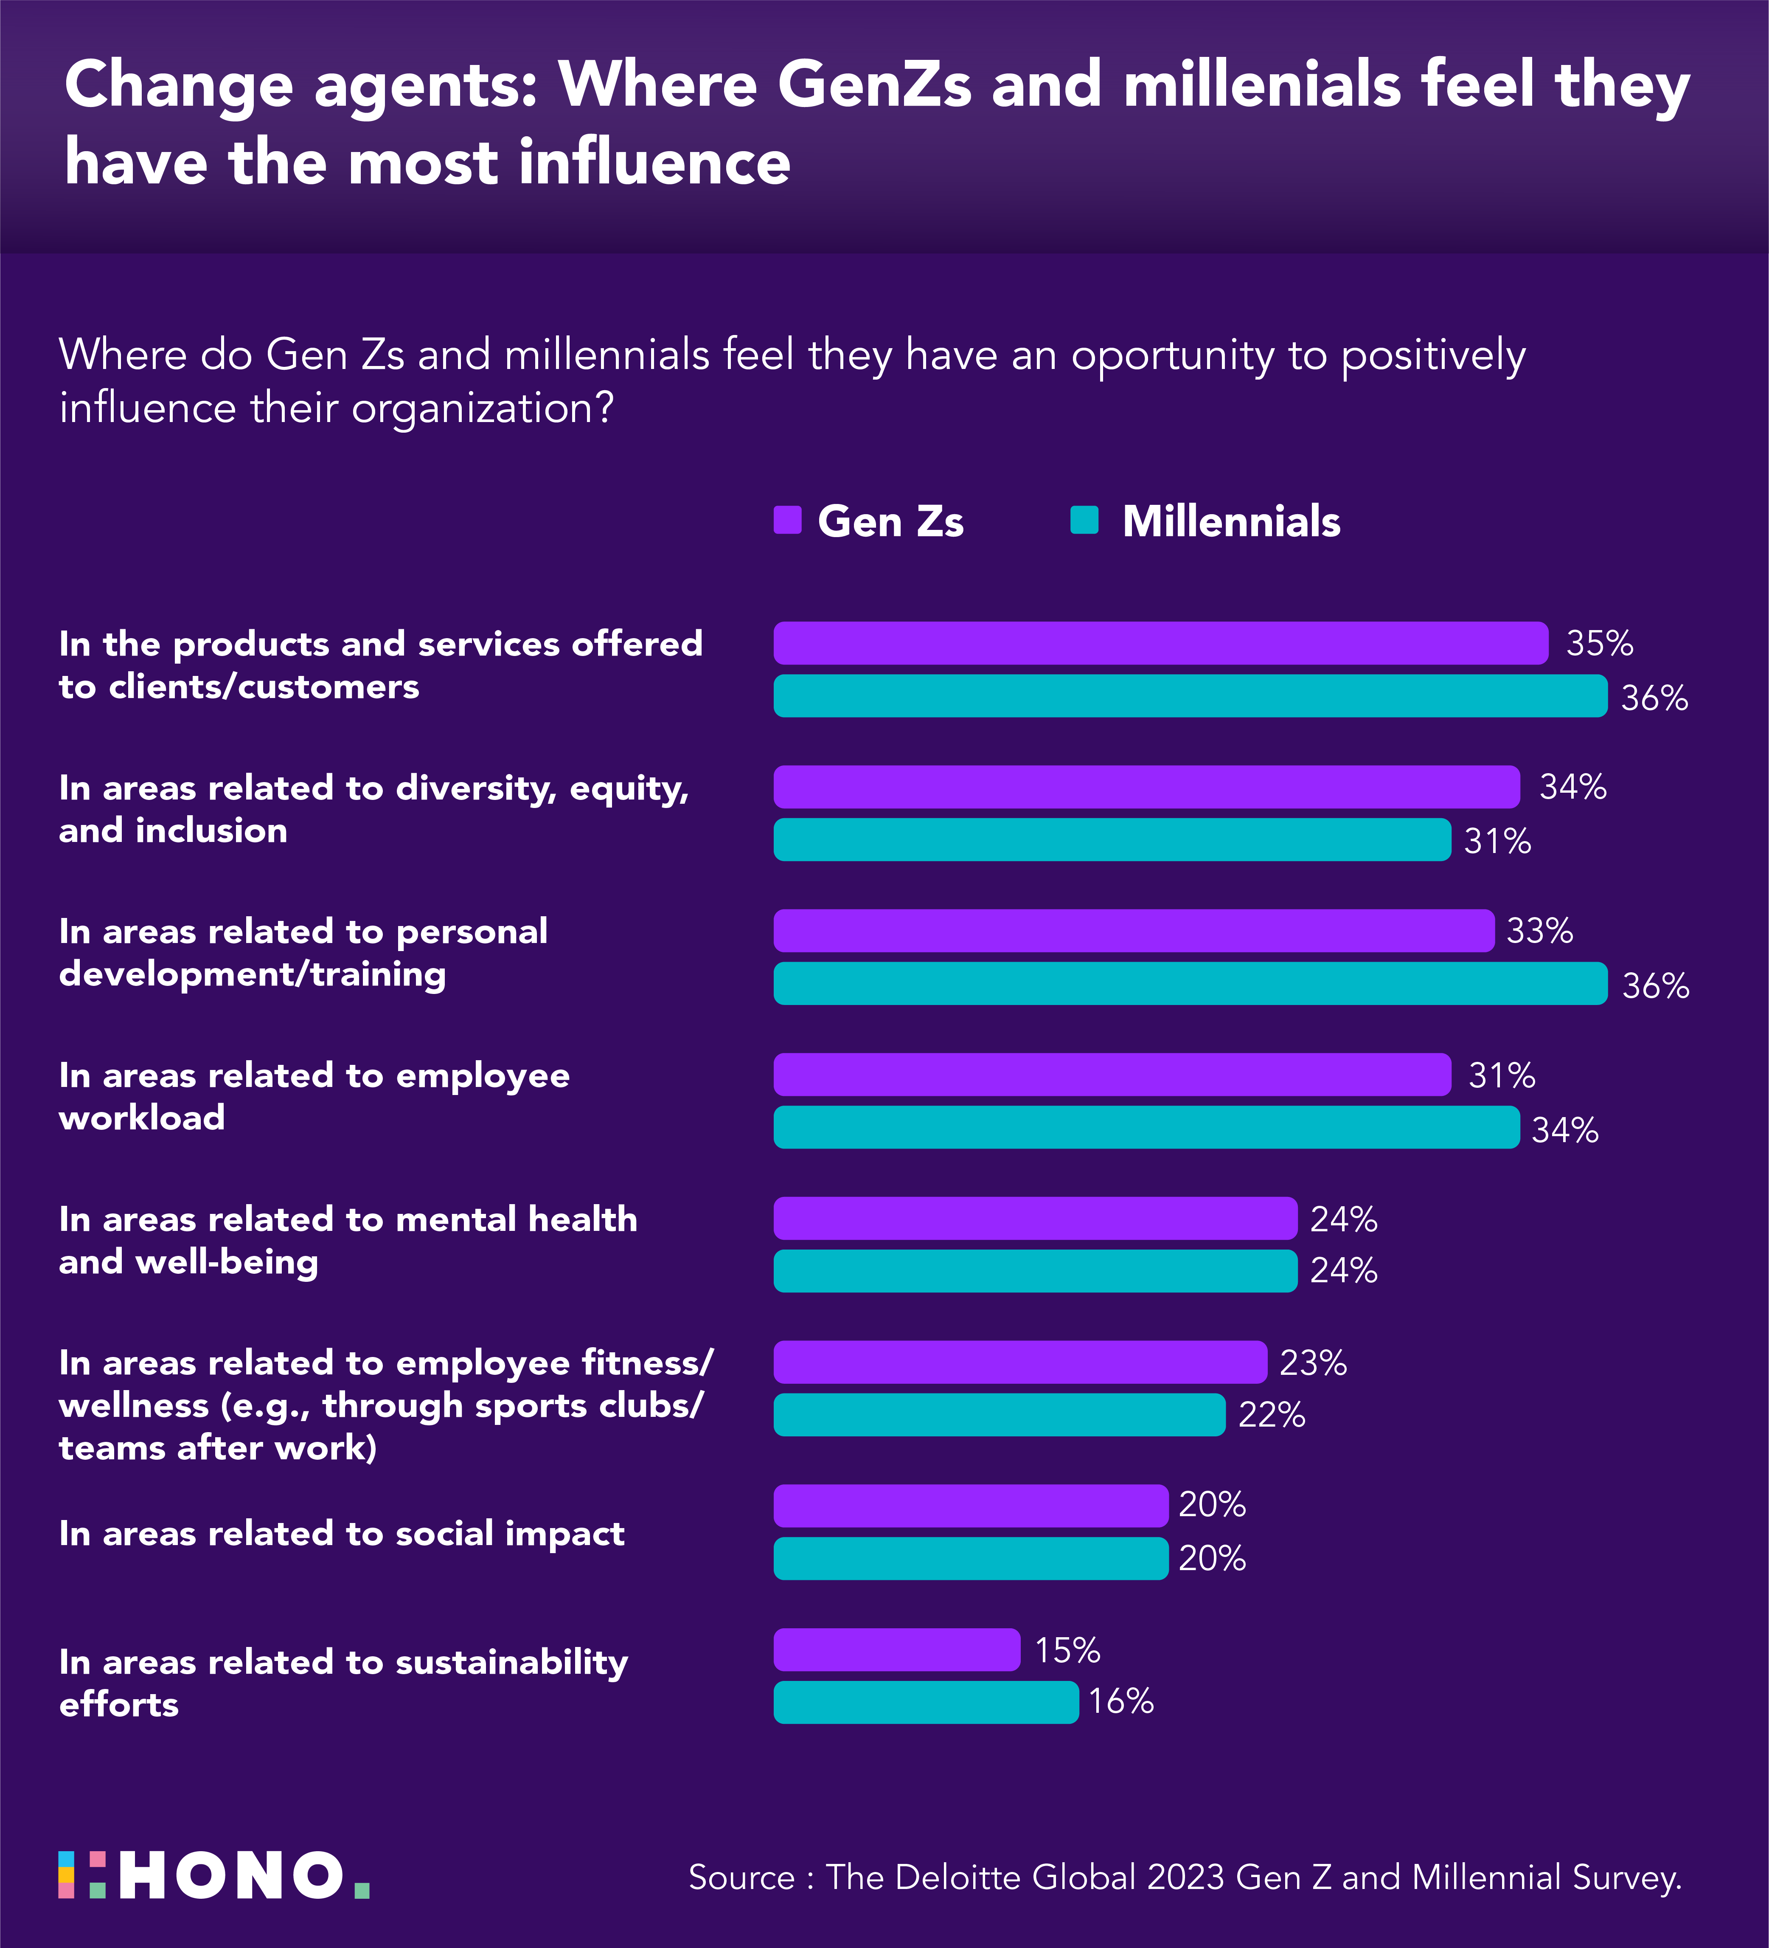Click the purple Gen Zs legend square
787,520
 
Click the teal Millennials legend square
1084,520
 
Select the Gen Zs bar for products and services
1160,644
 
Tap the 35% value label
1599,644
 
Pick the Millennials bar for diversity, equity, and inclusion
1111,840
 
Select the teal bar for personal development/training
1189,984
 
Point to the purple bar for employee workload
1111,1075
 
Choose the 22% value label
1272,1416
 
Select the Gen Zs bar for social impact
970,1506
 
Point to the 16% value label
1121,1702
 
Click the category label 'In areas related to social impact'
341,1534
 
